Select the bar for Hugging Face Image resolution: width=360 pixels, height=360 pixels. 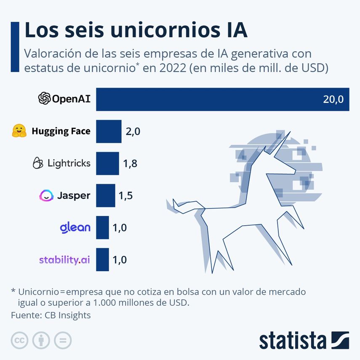tap(109, 131)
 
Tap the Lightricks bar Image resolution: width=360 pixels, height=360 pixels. tap(107, 163)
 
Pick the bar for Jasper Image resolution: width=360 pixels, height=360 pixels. tap(105, 195)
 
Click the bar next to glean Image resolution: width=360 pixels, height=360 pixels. tap(102, 227)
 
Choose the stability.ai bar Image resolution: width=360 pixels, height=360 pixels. tap(102, 259)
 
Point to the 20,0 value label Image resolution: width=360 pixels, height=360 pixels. tap(333, 100)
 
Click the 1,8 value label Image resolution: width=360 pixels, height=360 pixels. tap(130, 163)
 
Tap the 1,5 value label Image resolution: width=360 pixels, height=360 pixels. tap(126, 196)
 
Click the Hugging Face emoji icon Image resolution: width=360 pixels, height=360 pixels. tap(19, 131)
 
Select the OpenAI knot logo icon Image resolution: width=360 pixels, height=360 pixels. tap(44, 99)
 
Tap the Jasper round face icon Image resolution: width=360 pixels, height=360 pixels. tap(46, 195)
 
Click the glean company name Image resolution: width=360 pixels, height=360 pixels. tap(75, 228)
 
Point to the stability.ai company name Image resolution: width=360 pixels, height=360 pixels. tap(64, 259)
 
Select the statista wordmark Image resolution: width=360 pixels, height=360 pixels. tap(293, 340)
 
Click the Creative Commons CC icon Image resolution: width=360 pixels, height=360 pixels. tap(19, 340)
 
